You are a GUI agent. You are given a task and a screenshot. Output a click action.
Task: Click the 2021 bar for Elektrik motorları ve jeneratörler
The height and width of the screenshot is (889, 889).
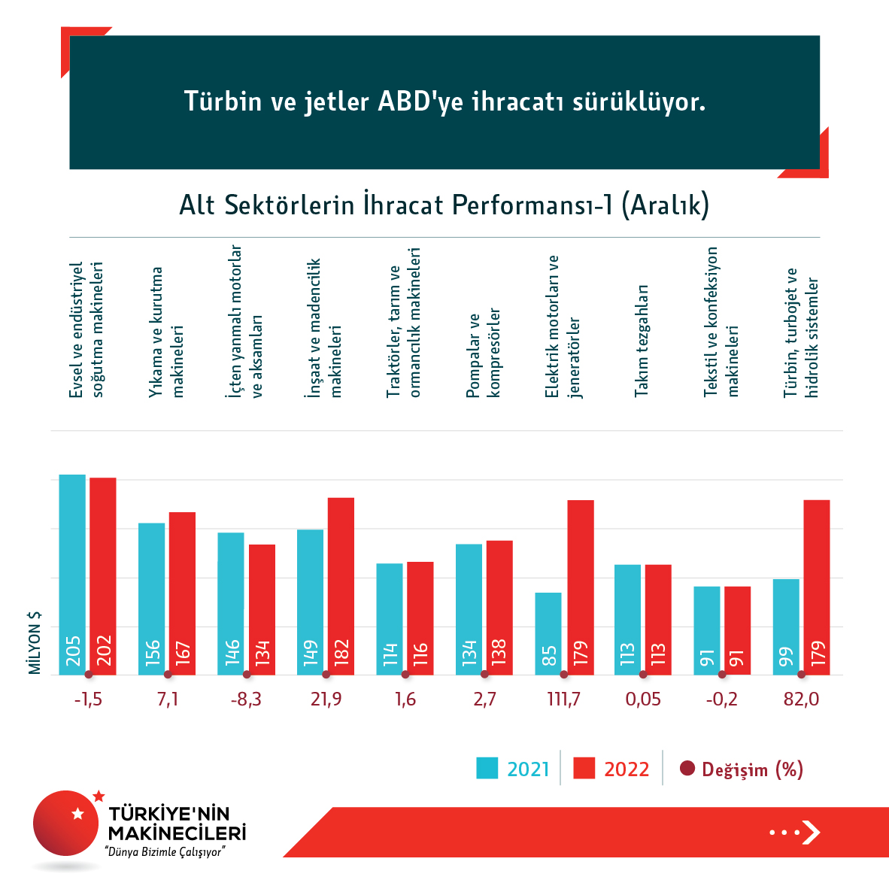[548, 633]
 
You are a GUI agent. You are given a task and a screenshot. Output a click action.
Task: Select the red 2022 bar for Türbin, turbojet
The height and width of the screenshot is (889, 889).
[817, 587]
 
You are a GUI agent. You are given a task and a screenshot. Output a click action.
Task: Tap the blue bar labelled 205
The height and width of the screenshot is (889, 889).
[73, 575]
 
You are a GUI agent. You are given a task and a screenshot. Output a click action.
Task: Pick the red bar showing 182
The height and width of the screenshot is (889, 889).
[341, 586]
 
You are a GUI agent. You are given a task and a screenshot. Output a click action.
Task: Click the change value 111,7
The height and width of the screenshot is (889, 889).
[564, 699]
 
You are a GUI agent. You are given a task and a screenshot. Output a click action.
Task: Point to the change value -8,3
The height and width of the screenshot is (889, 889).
[247, 699]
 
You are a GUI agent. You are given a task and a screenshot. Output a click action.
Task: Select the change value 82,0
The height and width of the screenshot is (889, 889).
[801, 699]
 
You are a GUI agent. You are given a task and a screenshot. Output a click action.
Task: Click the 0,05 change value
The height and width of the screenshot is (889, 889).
[643, 699]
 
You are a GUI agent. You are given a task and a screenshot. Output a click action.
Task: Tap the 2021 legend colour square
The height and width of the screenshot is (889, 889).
[487, 769]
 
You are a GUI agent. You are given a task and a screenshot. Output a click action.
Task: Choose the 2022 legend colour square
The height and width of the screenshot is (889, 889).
[584, 769]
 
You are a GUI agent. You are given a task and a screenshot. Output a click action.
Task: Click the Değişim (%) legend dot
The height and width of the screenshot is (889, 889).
[687, 769]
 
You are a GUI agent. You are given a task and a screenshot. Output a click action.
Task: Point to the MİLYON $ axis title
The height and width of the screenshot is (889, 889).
[35, 642]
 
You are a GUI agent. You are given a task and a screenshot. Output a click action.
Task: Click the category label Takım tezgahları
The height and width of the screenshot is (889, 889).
[642, 340]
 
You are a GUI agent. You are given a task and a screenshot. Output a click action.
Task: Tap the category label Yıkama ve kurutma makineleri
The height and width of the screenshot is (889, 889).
[166, 332]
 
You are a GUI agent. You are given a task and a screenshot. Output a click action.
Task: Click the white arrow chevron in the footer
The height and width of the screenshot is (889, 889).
[811, 832]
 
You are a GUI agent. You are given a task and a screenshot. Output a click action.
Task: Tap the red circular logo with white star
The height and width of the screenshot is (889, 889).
[67, 822]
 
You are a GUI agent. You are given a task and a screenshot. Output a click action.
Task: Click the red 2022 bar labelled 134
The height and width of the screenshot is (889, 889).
[262, 609]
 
